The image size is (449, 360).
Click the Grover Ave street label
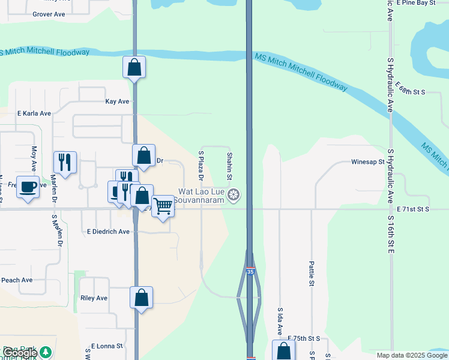[x=49, y=14]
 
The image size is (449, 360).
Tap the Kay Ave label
[x=117, y=101]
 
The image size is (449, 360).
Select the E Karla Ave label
[x=34, y=113]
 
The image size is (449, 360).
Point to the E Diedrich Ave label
[x=108, y=231]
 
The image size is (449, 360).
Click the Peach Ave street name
[x=17, y=280]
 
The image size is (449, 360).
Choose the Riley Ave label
[x=94, y=298]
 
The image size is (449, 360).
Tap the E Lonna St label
[x=107, y=346]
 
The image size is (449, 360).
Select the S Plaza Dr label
[x=201, y=166]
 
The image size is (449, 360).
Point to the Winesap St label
[x=367, y=161]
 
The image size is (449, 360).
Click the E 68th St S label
[x=411, y=92]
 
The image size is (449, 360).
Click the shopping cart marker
[x=163, y=207]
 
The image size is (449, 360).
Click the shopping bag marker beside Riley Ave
[x=141, y=298]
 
